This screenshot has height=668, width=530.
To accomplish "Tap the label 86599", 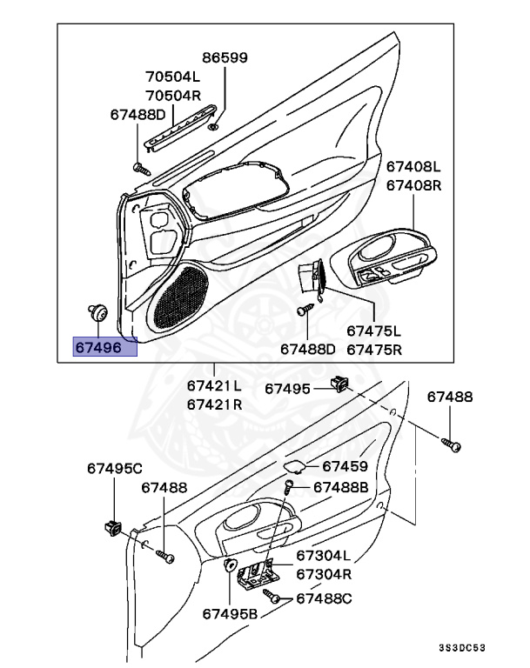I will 225,58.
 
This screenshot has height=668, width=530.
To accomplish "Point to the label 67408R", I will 414,185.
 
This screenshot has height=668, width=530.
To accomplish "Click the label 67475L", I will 374,331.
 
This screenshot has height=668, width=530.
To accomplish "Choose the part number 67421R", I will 214,404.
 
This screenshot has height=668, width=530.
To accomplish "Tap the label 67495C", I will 114,468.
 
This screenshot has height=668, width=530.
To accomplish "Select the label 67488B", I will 340,488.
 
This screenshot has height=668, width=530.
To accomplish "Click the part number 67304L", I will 323,556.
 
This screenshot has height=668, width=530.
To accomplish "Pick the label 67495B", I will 231,613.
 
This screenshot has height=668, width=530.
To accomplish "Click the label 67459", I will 345,466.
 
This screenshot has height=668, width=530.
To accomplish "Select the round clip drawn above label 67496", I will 97,311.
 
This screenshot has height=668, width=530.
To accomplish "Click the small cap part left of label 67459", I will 295,466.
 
